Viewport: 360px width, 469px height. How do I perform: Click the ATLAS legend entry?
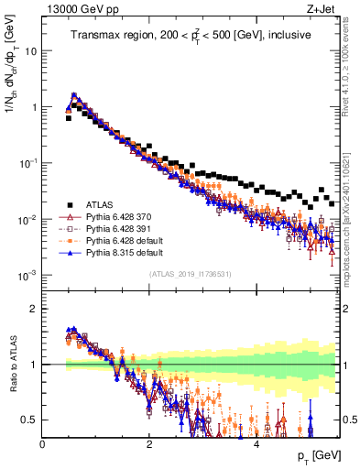(x=96, y=204)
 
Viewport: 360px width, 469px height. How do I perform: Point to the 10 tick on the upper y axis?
(x=31, y=51)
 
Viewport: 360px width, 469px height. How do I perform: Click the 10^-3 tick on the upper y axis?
(x=27, y=276)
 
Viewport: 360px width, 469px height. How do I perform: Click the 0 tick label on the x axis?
(x=43, y=444)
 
